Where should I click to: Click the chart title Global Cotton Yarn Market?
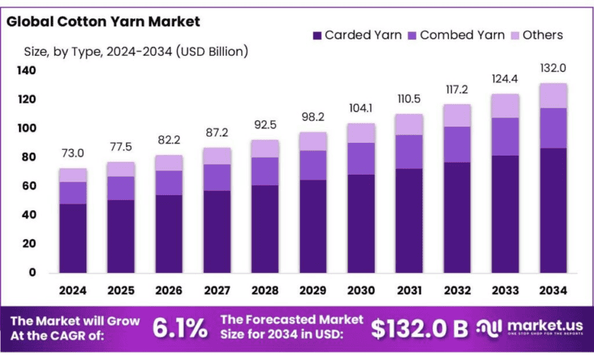tap(103, 22)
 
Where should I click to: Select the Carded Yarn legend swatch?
tap(317, 35)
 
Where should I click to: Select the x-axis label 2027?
tap(217, 290)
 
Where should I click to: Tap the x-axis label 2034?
tap(553, 290)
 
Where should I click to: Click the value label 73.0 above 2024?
tap(73, 153)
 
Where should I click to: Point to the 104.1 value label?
tap(361, 108)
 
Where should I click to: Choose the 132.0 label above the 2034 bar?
tap(553, 68)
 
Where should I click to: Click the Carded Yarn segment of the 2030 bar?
tap(361, 223)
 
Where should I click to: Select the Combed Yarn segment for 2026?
tap(169, 182)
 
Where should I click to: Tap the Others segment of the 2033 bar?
tap(505, 106)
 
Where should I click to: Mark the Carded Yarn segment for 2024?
tap(73, 238)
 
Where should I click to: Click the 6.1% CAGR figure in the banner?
tap(180, 327)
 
